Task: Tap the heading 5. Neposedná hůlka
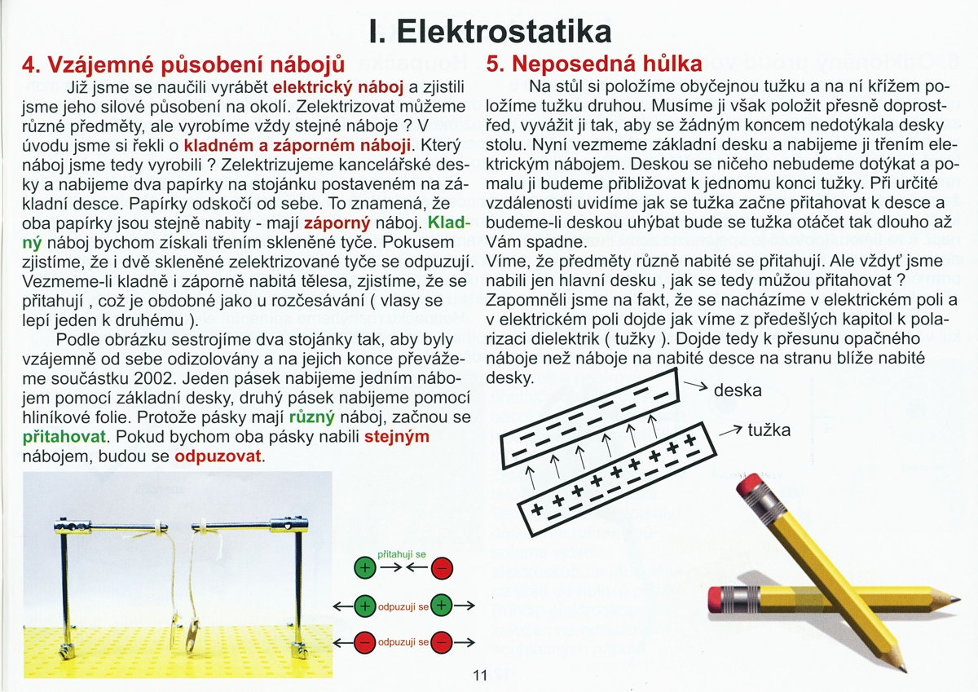(594, 64)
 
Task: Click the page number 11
(479, 675)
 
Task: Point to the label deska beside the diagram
(737, 390)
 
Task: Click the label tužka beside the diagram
(769, 430)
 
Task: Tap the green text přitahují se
(403, 553)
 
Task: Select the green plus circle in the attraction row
(364, 568)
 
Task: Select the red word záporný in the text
(337, 221)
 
